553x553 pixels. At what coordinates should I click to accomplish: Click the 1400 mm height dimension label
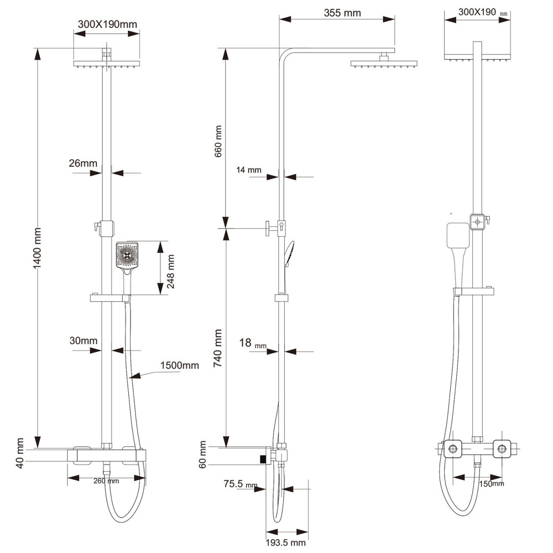[x=38, y=248]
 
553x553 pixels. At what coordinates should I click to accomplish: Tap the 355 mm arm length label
[x=342, y=13]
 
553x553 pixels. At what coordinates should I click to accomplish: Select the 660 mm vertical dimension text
[x=218, y=141]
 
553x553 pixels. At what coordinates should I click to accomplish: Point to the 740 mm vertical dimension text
[x=218, y=348]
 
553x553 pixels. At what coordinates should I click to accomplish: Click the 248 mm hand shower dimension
[x=171, y=272]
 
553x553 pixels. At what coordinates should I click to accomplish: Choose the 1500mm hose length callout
[x=180, y=366]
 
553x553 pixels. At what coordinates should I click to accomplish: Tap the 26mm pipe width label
[x=83, y=163]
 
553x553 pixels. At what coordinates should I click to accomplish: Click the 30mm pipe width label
[x=84, y=340]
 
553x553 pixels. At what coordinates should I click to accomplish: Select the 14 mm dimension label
[x=249, y=170]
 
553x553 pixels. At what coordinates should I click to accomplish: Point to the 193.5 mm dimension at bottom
[x=285, y=542]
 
